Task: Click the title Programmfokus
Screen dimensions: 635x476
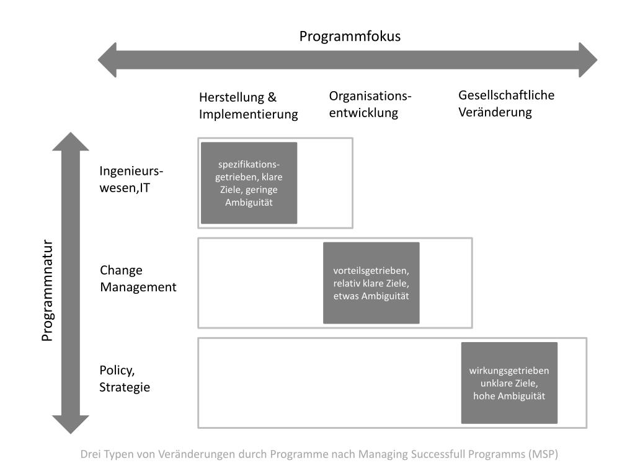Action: [x=350, y=36]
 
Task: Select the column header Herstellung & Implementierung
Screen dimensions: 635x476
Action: [x=248, y=106]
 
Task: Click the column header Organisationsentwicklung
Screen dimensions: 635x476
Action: [x=370, y=104]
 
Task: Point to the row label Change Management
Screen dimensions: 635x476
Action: [x=138, y=278]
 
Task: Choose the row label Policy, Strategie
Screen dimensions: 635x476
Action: [x=125, y=378]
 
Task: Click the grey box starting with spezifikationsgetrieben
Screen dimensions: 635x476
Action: [x=249, y=183]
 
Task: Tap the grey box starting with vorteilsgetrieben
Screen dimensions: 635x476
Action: [x=371, y=283]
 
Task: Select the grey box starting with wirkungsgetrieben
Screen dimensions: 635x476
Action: [x=508, y=383]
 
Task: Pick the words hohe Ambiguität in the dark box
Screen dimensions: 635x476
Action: [x=508, y=396]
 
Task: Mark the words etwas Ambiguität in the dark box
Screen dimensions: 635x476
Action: [x=371, y=296]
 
